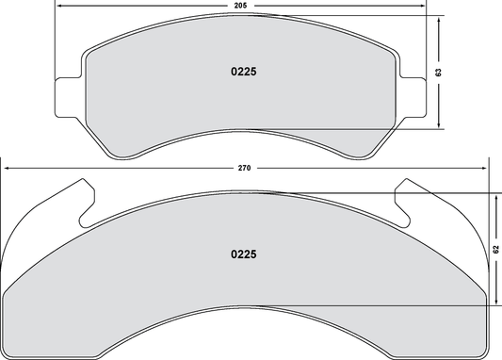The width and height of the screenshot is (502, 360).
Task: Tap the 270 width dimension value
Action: [x=243, y=169]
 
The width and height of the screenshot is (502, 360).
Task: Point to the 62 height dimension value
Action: [x=495, y=249]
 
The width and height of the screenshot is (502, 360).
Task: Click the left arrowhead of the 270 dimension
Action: [x=8, y=169]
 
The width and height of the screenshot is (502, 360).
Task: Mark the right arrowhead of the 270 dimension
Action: [x=485, y=169]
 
